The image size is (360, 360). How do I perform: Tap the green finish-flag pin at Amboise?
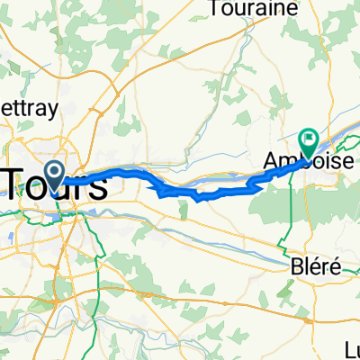click(309, 141)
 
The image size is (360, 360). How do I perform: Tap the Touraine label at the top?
click(241, 10)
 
